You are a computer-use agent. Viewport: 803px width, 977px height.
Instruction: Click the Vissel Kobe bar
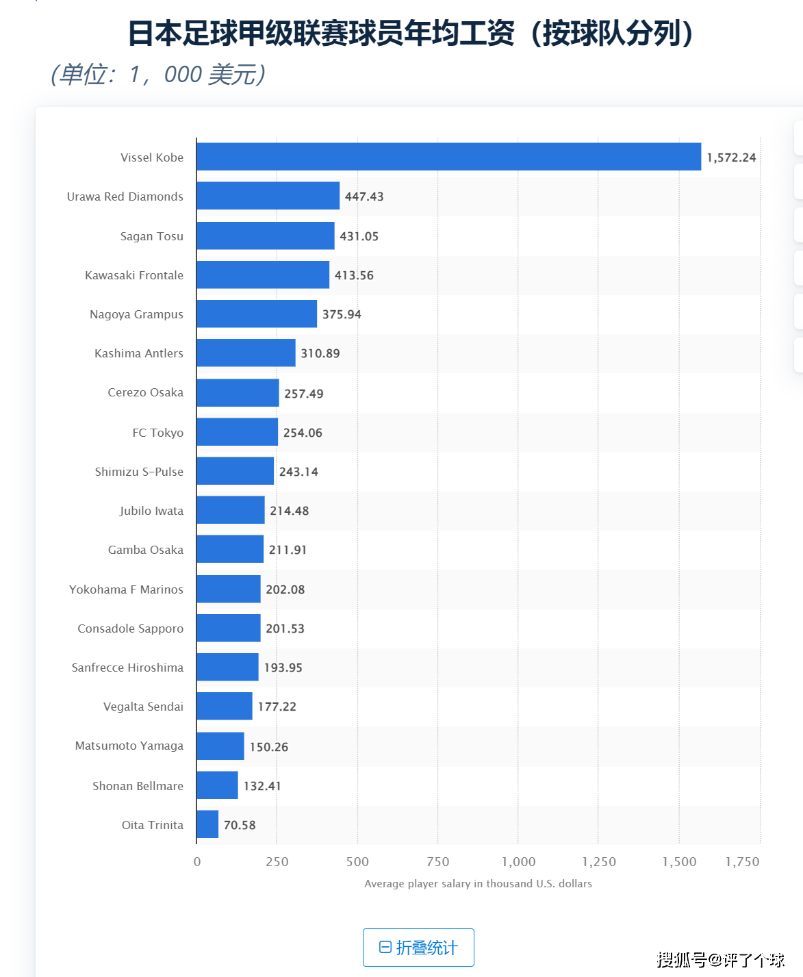(x=449, y=157)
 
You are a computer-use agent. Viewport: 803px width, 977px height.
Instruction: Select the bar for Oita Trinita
(x=207, y=824)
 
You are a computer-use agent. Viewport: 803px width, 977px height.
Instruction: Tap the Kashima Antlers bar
(x=246, y=353)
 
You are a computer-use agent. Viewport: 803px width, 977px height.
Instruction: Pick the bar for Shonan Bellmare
(x=217, y=785)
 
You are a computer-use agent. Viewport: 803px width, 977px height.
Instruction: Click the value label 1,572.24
(x=731, y=157)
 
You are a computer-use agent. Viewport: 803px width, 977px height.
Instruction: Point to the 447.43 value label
(x=364, y=196)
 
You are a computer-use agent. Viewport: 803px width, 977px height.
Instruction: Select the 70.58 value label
(x=240, y=825)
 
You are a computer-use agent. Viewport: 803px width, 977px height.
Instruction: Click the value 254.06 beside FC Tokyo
(x=303, y=433)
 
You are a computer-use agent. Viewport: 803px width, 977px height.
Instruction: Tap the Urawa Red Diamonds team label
(x=125, y=196)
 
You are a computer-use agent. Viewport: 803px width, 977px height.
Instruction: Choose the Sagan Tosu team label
(x=152, y=236)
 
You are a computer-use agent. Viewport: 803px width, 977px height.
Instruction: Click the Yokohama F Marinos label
(x=126, y=589)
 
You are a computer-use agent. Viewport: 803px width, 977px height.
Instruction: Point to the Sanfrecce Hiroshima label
(x=127, y=667)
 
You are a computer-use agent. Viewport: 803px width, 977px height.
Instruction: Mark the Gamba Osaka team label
(x=145, y=549)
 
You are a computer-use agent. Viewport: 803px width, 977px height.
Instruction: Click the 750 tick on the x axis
(x=437, y=862)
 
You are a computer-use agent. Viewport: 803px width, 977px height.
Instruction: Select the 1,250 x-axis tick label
(x=599, y=862)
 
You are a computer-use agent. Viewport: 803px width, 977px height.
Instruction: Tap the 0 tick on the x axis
(x=197, y=862)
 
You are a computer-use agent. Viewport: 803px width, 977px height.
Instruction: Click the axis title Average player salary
(x=478, y=883)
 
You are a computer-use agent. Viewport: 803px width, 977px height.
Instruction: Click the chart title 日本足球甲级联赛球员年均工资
(x=321, y=34)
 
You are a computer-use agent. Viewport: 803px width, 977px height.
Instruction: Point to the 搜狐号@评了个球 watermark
(x=720, y=960)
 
